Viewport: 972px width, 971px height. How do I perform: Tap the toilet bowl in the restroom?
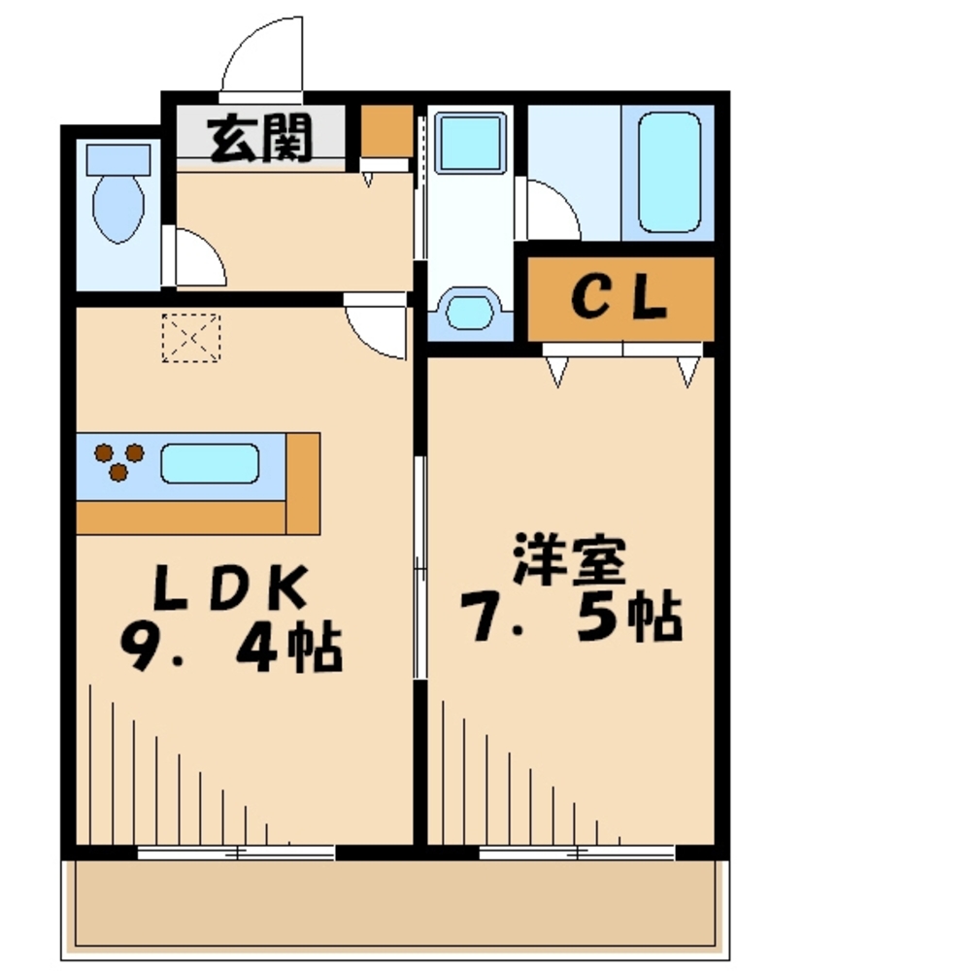point(118,208)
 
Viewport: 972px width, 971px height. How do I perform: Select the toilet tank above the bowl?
point(118,158)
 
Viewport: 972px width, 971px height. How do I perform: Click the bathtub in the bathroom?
point(669,173)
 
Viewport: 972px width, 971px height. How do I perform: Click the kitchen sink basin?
point(210,463)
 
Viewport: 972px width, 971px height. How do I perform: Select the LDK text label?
point(230,589)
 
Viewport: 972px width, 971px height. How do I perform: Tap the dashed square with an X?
point(190,338)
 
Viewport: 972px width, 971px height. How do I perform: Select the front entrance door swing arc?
point(260,58)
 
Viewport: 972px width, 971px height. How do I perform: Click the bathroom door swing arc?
point(552,210)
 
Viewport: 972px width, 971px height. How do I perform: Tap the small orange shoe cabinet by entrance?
point(387,134)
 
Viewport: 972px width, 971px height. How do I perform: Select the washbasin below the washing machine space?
point(470,311)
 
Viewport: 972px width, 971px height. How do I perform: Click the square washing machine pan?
point(470,144)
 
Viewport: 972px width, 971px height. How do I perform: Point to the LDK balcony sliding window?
point(236,854)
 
